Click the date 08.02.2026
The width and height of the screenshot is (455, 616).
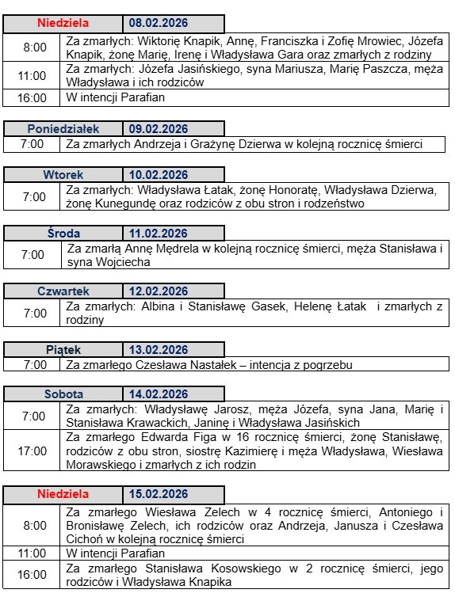click(159, 24)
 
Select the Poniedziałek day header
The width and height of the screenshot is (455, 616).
click(63, 129)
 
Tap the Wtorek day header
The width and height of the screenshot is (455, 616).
click(63, 175)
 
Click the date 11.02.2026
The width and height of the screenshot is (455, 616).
click(159, 233)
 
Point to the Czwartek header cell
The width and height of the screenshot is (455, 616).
click(63, 291)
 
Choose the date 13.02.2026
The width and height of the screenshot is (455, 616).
click(159, 350)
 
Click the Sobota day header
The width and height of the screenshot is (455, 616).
click(63, 394)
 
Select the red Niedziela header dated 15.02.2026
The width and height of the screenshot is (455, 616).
click(63, 495)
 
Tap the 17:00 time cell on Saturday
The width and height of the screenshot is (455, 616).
click(32, 451)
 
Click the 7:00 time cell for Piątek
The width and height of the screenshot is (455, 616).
click(32, 365)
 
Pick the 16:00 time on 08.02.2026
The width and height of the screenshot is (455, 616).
click(32, 98)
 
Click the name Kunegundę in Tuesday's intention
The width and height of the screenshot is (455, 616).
click(127, 203)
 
